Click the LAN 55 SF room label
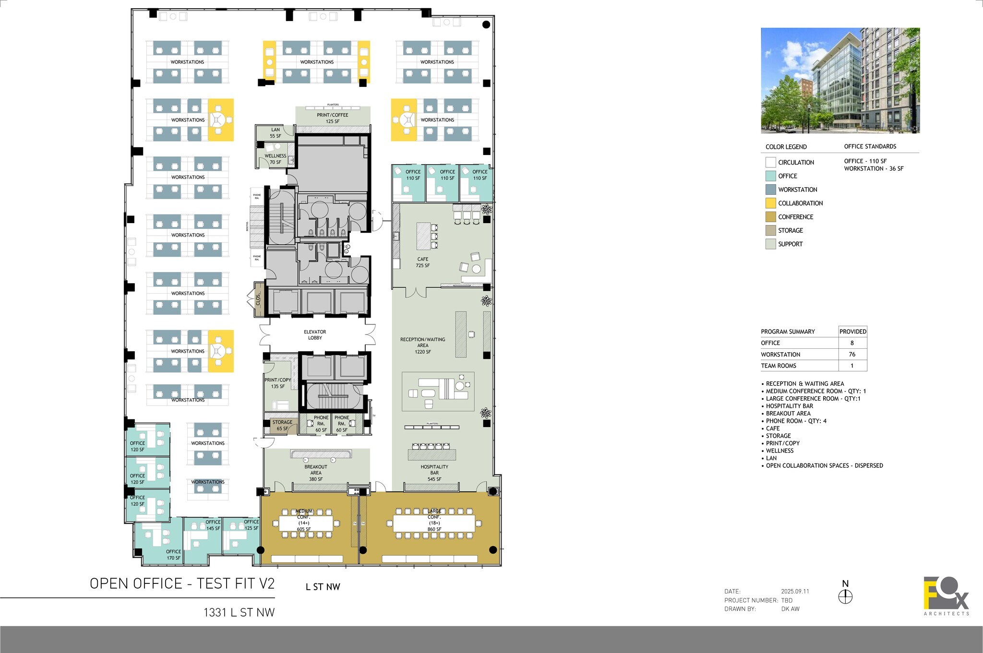(x=276, y=133)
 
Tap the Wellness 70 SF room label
(x=276, y=159)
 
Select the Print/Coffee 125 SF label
(x=333, y=118)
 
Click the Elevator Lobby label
(x=315, y=335)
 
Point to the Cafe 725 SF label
(x=423, y=262)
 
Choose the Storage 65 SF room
(x=282, y=426)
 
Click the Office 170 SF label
(x=174, y=555)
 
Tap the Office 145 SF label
(x=213, y=525)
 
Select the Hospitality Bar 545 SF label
(x=434, y=473)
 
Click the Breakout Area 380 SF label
(x=316, y=473)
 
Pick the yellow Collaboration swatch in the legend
(x=770, y=203)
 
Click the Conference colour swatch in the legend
(x=770, y=217)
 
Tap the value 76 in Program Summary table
(x=852, y=355)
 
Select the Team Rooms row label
(x=779, y=366)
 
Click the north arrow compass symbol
(x=845, y=596)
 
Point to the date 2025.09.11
(x=795, y=592)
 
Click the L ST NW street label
(x=323, y=587)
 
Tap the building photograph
(x=840, y=81)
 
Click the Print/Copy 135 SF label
(x=278, y=383)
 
